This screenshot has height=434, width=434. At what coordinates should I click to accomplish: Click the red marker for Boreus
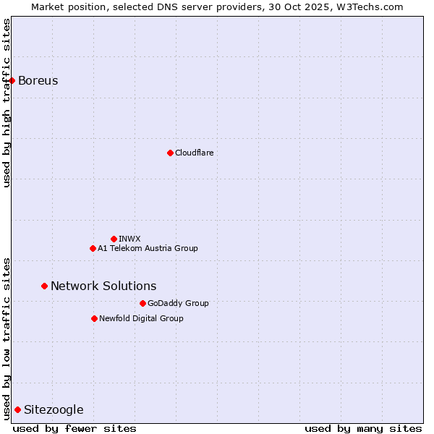click(12, 80)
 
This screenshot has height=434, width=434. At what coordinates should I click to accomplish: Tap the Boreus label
click(38, 80)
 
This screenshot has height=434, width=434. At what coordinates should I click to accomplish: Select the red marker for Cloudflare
click(170, 153)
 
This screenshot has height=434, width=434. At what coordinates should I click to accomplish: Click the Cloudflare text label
click(194, 153)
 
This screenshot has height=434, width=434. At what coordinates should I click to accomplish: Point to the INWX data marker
click(114, 239)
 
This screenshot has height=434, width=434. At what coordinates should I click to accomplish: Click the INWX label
click(129, 239)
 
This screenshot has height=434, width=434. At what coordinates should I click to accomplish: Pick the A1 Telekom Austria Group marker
click(93, 248)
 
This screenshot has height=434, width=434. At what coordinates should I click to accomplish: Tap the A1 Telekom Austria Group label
click(148, 248)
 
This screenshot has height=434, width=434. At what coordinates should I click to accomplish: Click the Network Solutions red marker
click(44, 286)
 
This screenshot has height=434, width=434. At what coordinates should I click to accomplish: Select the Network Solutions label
click(103, 286)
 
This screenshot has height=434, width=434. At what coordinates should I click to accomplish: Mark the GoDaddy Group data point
click(142, 303)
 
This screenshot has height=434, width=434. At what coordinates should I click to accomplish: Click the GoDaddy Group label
click(178, 303)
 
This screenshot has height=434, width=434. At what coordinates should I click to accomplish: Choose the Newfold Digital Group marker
click(94, 318)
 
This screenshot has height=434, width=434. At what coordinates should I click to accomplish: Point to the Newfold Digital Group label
click(141, 318)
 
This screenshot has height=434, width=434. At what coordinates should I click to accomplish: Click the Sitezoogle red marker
click(17, 409)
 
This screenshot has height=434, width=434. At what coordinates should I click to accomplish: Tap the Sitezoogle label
click(54, 409)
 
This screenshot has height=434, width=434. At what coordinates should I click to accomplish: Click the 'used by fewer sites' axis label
click(75, 428)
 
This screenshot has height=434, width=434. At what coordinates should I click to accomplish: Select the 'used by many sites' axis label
click(363, 428)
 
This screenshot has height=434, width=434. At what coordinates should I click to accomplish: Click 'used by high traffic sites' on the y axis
click(7, 103)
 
